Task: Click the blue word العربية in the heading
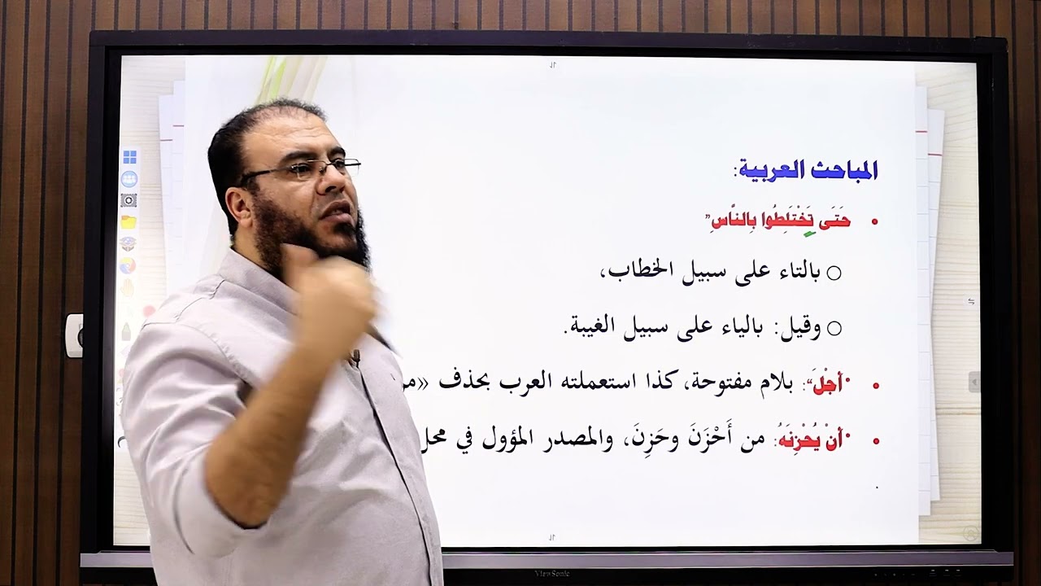point(769,170)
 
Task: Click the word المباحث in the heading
point(843,170)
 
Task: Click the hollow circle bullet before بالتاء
point(834,273)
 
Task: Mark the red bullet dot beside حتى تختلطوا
point(875,221)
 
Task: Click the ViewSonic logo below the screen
point(552,574)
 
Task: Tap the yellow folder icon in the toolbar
point(128,221)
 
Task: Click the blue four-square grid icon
point(129,157)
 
